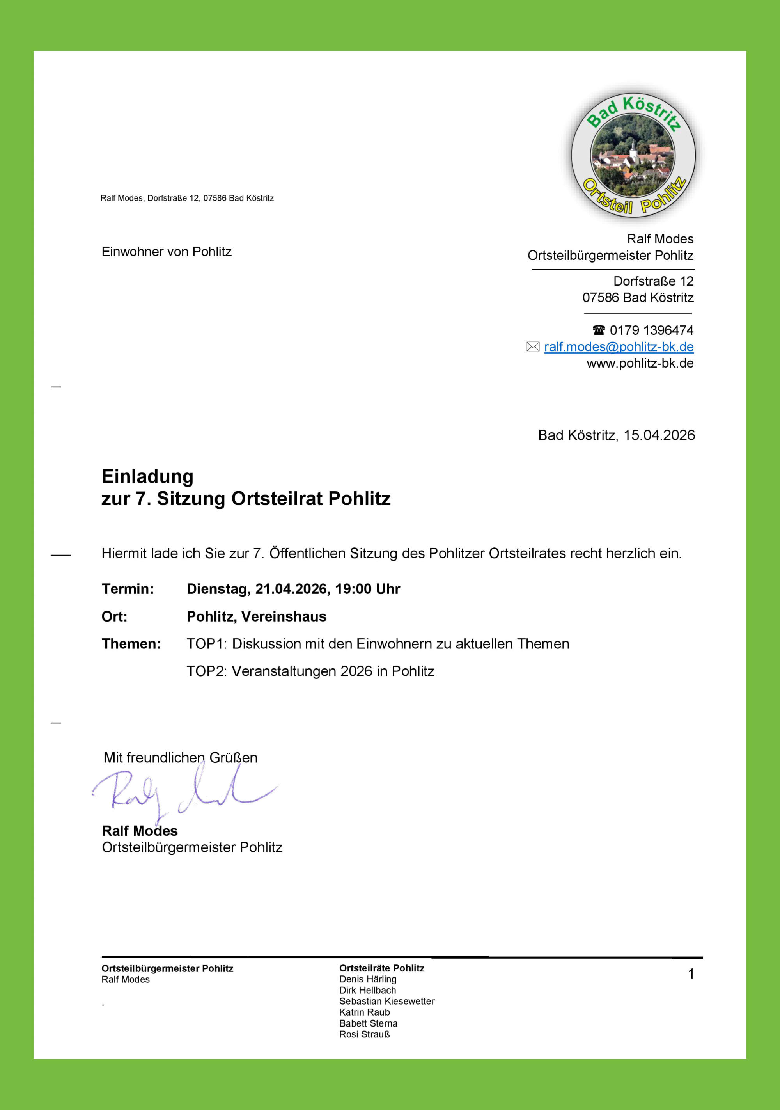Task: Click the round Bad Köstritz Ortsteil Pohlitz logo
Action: pyautogui.click(x=633, y=155)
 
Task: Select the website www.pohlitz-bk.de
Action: pyautogui.click(x=640, y=363)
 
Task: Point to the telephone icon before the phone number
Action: pyautogui.click(x=598, y=330)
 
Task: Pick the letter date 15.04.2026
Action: pyautogui.click(x=659, y=435)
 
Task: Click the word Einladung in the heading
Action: pyautogui.click(x=147, y=476)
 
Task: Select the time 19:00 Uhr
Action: pyautogui.click(x=367, y=589)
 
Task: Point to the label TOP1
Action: pyautogui.click(x=206, y=644)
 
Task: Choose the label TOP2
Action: pyautogui.click(x=206, y=671)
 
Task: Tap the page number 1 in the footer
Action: pyautogui.click(x=691, y=974)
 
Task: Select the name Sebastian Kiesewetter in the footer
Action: pyautogui.click(x=386, y=1001)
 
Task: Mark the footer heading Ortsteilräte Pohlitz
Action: pyautogui.click(x=382, y=968)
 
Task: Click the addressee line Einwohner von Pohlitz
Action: pyautogui.click(x=166, y=252)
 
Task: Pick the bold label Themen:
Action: pyautogui.click(x=131, y=644)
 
